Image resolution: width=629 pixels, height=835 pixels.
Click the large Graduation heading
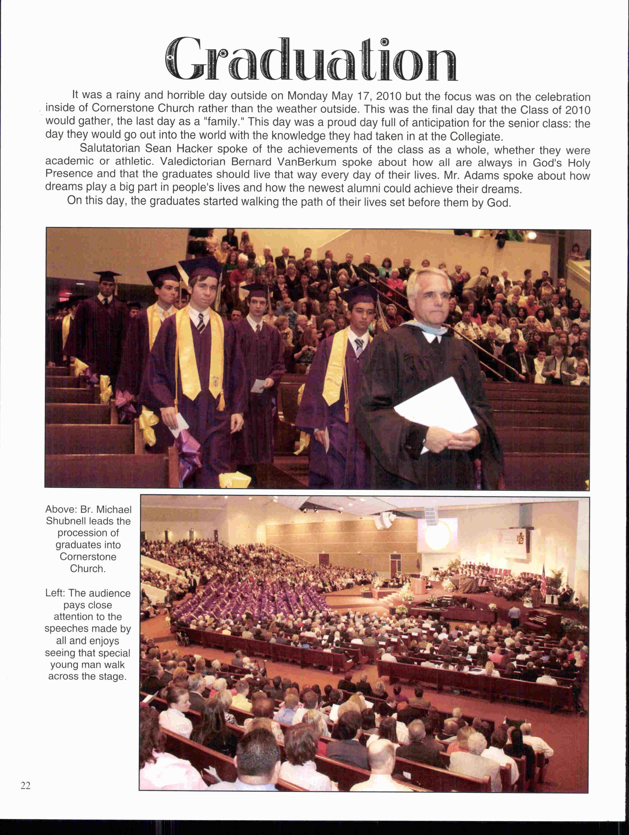click(x=311, y=59)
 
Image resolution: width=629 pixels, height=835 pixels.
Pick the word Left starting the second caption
click(x=54, y=593)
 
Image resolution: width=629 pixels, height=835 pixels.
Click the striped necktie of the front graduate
click(x=201, y=322)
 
